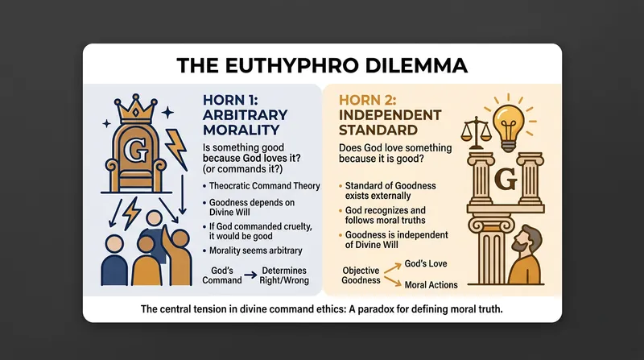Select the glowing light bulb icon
509,122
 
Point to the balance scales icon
476,132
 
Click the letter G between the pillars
506,179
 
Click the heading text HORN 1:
230,100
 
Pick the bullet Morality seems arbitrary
255,250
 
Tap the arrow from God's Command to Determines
250,275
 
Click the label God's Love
426,264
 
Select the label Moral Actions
431,285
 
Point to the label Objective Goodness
361,275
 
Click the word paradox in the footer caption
378,309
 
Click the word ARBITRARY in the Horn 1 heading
245,115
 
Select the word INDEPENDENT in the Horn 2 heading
390,115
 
